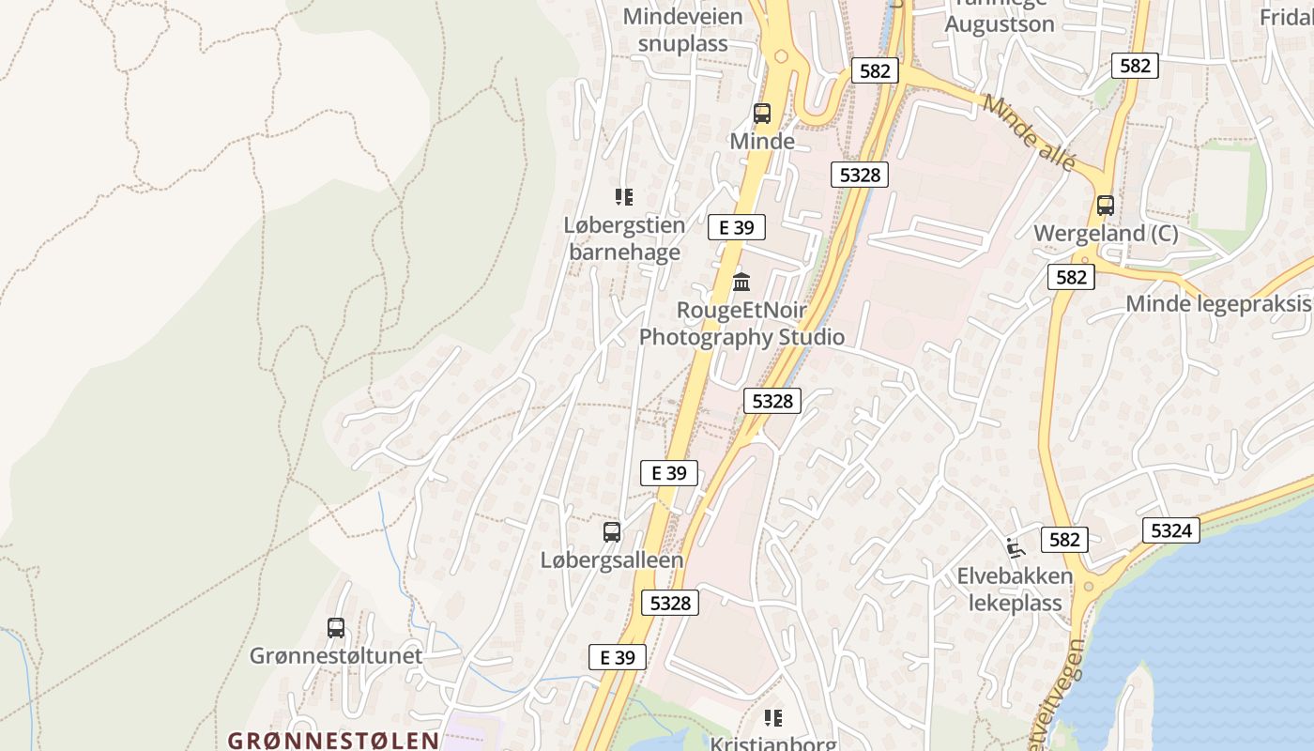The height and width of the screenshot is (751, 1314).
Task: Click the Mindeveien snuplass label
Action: (x=682, y=30)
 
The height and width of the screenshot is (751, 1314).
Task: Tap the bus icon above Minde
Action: (x=762, y=114)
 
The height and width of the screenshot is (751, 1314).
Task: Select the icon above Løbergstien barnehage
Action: (x=624, y=197)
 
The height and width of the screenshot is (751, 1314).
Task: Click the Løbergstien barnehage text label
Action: (x=624, y=238)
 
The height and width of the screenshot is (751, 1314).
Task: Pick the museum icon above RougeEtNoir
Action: (x=741, y=282)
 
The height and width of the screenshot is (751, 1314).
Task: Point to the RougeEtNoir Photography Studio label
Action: (x=741, y=323)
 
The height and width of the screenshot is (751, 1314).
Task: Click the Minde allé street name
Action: (x=1029, y=133)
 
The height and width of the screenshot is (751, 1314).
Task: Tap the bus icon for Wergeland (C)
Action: (x=1106, y=206)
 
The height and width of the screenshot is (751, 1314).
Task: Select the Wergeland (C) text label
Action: (x=1106, y=234)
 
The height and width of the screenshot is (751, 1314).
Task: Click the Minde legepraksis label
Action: (x=1218, y=303)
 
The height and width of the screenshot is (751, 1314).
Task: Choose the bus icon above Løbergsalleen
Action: (x=612, y=532)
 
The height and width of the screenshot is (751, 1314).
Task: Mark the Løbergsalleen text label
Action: (x=612, y=559)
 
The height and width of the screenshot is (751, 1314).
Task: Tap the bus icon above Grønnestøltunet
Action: (x=336, y=628)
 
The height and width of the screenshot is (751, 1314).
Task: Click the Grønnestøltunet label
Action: (x=336, y=655)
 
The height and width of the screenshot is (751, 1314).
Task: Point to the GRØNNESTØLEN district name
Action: (x=334, y=740)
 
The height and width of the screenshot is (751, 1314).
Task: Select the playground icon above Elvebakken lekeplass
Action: (x=1014, y=547)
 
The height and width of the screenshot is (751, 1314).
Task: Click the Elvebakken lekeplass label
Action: (x=1015, y=589)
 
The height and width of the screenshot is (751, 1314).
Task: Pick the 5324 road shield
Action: (x=1171, y=530)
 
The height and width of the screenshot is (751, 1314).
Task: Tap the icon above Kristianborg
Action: (x=773, y=718)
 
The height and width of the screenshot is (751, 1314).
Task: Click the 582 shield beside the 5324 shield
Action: (x=1065, y=540)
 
